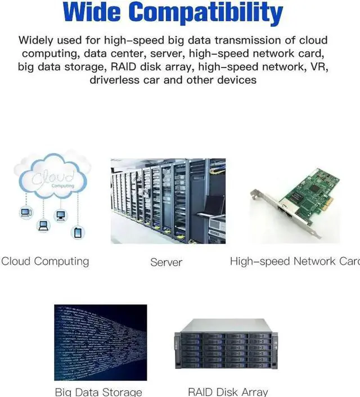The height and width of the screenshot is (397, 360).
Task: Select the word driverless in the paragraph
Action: (120, 80)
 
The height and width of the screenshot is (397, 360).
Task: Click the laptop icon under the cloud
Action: (43, 225)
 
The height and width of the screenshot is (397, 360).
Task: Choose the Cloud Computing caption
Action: (45, 261)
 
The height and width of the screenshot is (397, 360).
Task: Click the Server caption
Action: (166, 262)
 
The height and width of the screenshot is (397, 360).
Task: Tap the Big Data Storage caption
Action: (98, 392)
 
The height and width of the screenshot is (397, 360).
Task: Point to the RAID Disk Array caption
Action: (228, 392)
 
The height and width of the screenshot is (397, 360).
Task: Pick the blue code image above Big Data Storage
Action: (100, 342)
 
